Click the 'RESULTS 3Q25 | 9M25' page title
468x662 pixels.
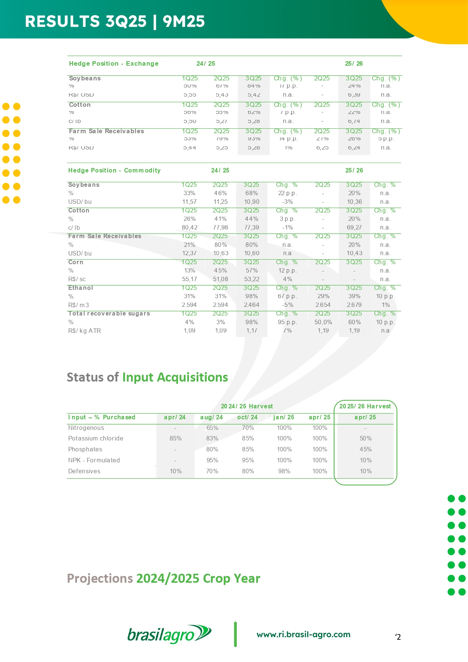pyautogui.click(x=115, y=22)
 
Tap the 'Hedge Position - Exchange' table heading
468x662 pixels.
pyautogui.click(x=114, y=63)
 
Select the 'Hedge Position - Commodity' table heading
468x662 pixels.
pyautogui.click(x=114, y=170)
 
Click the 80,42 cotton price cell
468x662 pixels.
pyautogui.click(x=189, y=228)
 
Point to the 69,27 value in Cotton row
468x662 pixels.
pyautogui.click(x=354, y=228)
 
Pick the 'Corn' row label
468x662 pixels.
pyautogui.click(x=75, y=262)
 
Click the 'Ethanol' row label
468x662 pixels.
pyautogui.click(x=80, y=288)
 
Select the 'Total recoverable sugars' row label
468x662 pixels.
pyautogui.click(x=109, y=313)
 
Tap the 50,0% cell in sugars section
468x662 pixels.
pyautogui.click(x=323, y=322)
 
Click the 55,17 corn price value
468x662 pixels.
pyautogui.click(x=189, y=279)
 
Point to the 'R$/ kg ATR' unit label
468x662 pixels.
pyautogui.click(x=84, y=331)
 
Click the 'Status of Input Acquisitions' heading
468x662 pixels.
pyautogui.click(x=147, y=377)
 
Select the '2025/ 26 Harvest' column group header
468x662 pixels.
pyautogui.click(x=365, y=406)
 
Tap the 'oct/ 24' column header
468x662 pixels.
pyautogui.click(x=247, y=417)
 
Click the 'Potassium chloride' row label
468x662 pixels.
pyautogui.click(x=95, y=438)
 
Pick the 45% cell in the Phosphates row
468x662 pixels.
pyautogui.click(x=365, y=449)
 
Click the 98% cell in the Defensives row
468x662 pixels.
pyautogui.click(x=284, y=471)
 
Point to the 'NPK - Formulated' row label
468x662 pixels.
pyautogui.click(x=94, y=460)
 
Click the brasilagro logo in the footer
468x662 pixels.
pyautogui.click(x=169, y=634)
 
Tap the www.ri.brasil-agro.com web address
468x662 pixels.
pyautogui.click(x=303, y=634)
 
